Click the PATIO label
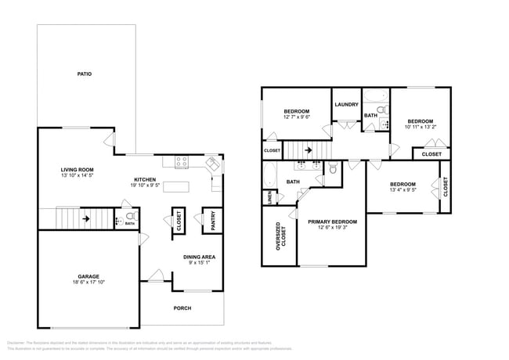point(85,74)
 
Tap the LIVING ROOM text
point(78,170)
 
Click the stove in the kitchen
point(182,163)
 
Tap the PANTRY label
point(210,222)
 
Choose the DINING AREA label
point(199,257)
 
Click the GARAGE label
point(88,277)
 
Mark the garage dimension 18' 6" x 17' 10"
point(88,284)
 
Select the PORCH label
point(182,308)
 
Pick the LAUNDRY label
point(346,105)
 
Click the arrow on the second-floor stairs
point(308,149)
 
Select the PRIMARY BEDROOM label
point(332,222)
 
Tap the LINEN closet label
point(269,199)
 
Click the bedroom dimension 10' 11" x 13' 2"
point(421,127)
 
